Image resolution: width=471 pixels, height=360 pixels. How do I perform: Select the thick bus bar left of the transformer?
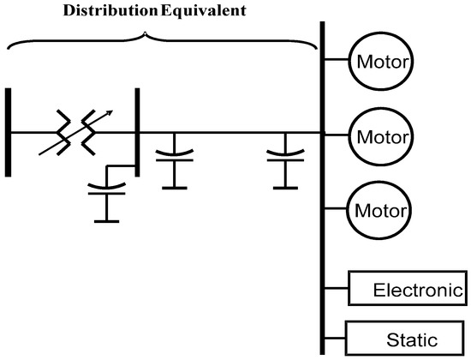8,131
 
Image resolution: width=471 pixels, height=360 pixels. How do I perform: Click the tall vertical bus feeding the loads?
323,189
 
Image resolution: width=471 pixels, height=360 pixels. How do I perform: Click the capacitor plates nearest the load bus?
285,156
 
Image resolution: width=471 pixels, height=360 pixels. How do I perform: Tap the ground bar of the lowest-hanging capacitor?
107,221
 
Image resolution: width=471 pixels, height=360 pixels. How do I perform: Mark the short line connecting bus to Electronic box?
337,289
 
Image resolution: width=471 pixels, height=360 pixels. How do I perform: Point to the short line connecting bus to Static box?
335,337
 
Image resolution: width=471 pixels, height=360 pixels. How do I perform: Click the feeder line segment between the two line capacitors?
227,133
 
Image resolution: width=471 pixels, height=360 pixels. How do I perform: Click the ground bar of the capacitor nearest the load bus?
285,186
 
